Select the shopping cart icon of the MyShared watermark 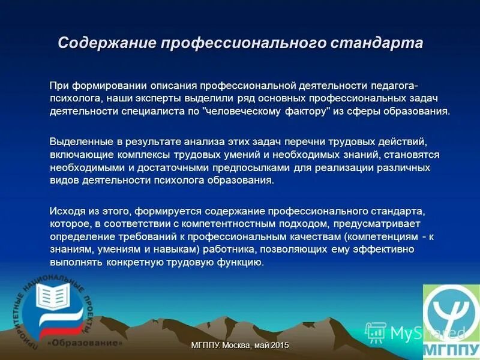pyautogui.click(x=376, y=331)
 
